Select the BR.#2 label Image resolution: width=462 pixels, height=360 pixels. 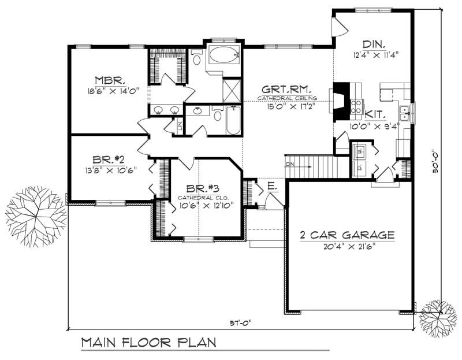(x=105, y=160)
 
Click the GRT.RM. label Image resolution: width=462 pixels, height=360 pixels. (x=287, y=90)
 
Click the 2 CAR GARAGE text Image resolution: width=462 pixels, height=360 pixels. (x=347, y=235)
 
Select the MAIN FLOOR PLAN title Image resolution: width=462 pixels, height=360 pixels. (x=148, y=342)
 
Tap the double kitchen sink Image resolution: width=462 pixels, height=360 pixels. (x=405, y=113)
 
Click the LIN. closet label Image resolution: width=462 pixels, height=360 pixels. (x=180, y=125)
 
